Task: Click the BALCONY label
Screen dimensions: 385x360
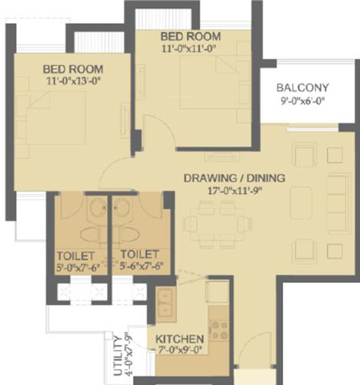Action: point(303,87)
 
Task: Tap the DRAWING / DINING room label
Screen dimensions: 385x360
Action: point(234,179)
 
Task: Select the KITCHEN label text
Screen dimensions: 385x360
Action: point(179,340)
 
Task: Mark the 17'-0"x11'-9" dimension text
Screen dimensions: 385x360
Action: point(234,191)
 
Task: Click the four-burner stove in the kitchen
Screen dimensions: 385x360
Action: point(218,330)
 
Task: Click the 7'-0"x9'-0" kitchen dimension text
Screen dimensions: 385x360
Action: point(179,351)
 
